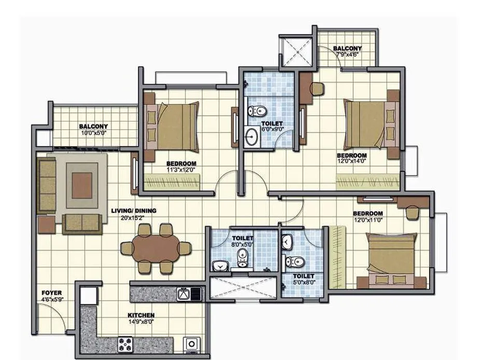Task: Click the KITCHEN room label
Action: tap(141, 315)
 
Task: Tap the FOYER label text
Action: tap(52, 293)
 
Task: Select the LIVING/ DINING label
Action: tap(134, 211)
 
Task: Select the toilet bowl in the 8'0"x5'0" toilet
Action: tap(242, 257)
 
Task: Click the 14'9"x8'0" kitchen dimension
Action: tap(141, 321)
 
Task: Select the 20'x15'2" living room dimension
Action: tap(134, 217)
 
